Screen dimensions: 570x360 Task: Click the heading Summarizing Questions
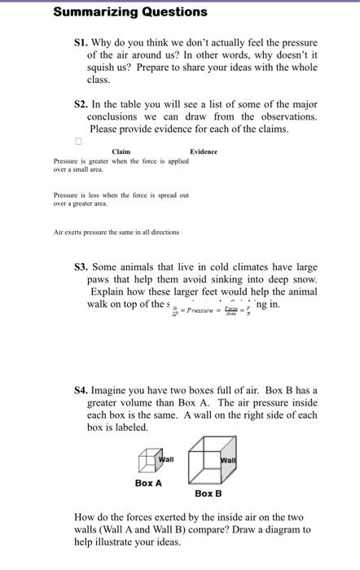click(x=130, y=12)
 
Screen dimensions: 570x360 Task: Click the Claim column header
click(x=121, y=151)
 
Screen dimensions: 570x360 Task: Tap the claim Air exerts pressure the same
click(x=116, y=232)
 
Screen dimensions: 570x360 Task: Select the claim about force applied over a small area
click(x=121, y=165)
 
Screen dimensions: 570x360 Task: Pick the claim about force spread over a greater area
click(x=121, y=199)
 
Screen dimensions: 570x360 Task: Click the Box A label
click(x=148, y=483)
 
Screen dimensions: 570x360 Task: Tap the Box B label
click(x=208, y=493)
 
